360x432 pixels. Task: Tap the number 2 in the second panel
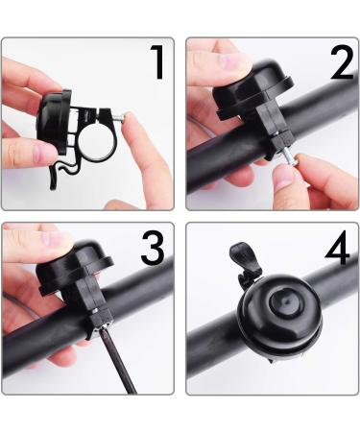coord(341,63)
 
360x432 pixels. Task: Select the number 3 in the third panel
coord(153,249)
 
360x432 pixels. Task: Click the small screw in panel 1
coord(122,117)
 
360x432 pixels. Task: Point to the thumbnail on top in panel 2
coord(210,60)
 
